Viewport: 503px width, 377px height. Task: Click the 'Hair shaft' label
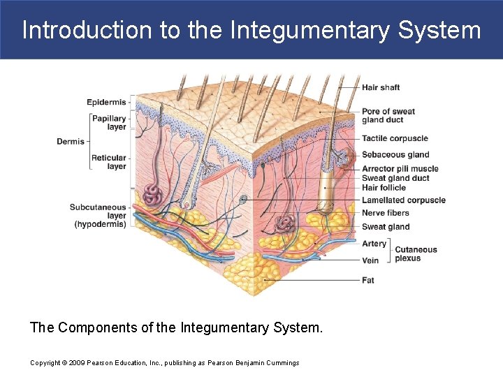[x=381, y=87]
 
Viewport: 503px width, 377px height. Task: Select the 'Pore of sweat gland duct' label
[x=388, y=116]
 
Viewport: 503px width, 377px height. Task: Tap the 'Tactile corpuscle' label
[x=395, y=138]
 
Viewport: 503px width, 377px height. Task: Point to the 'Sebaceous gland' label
[x=395, y=154]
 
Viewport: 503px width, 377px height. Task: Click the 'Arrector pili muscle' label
[x=400, y=169]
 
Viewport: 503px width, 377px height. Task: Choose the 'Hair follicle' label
[x=384, y=188]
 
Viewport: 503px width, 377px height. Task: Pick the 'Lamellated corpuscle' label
[x=403, y=200]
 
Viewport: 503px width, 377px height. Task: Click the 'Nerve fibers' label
[x=386, y=213]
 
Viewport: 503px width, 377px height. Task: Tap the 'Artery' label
[x=374, y=244]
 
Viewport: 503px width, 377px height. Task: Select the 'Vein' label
[x=370, y=260]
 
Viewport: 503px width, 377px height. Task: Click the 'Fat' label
[x=368, y=280]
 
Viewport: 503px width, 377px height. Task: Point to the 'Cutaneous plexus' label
[x=416, y=253]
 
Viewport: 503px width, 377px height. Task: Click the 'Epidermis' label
[x=106, y=103]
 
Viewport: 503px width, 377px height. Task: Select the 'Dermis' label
[x=71, y=142]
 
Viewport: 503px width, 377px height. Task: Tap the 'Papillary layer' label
[x=109, y=123]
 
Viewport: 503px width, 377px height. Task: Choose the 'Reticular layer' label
[x=109, y=162]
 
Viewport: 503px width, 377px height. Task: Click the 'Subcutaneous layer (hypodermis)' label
[x=98, y=216]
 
